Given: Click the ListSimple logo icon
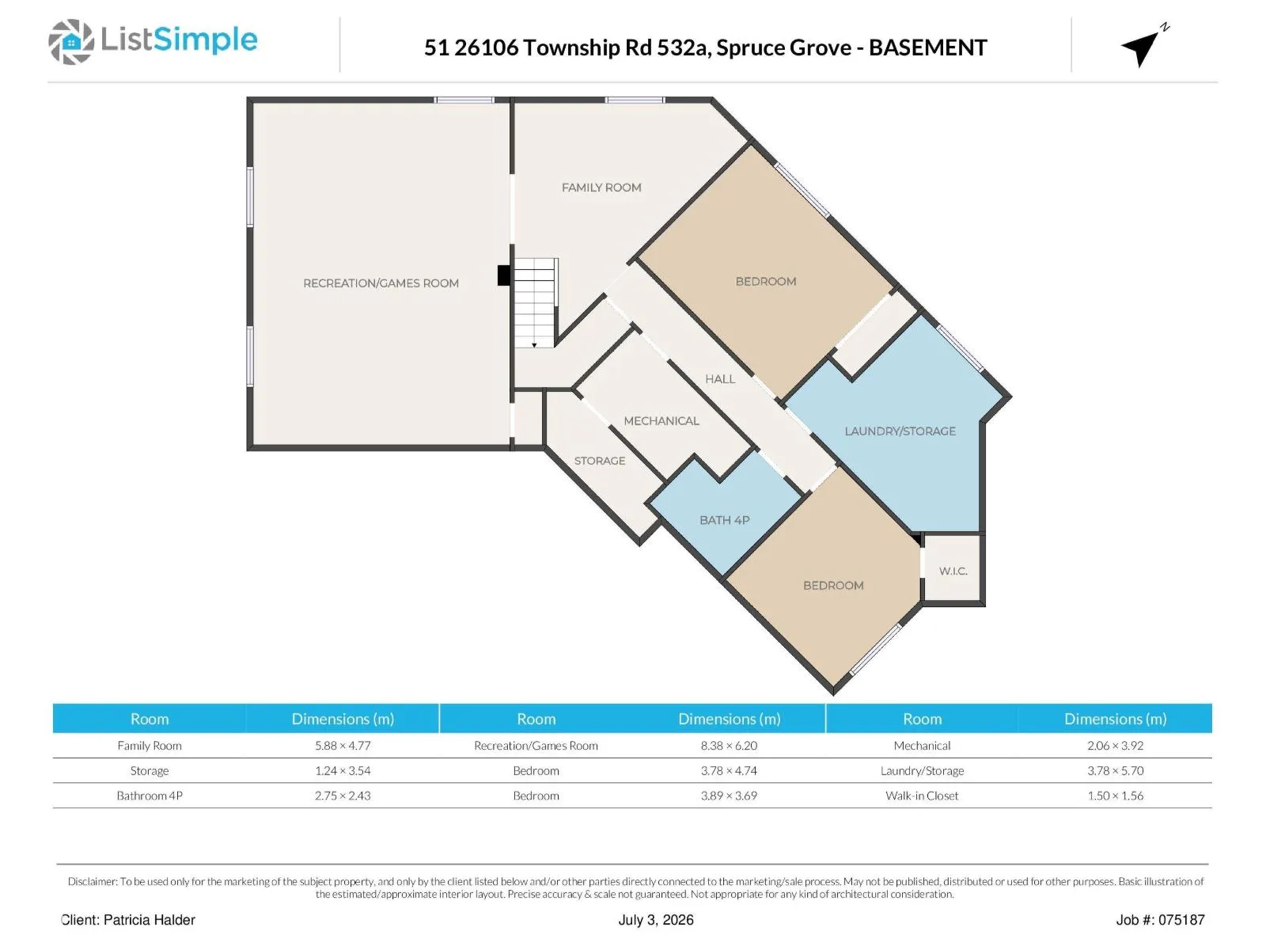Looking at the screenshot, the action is tap(71, 41).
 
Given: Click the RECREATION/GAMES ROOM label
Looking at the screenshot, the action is tap(381, 283).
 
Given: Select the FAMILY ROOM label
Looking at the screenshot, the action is tap(601, 188).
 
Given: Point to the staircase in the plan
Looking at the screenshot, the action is tap(536, 303).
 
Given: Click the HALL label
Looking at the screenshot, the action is tap(720, 379).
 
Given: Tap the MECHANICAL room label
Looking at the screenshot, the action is tap(661, 421).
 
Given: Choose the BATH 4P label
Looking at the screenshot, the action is tap(725, 520).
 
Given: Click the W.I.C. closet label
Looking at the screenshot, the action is tap(953, 571).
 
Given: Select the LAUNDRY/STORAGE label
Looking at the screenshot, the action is tap(900, 431).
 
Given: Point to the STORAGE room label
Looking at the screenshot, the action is tap(600, 461).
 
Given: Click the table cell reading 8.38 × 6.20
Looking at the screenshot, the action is tap(729, 745).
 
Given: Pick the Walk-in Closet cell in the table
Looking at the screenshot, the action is tap(922, 796).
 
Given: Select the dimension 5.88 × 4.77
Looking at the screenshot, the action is tap(343, 745).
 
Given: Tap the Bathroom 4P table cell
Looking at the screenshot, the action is tap(150, 796).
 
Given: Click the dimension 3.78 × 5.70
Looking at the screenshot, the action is tap(1115, 770).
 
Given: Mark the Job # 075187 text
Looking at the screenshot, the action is tap(1160, 920).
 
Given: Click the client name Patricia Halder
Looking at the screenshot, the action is tap(150, 920).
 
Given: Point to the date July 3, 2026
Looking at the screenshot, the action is tap(656, 920).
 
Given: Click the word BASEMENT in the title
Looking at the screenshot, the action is tap(928, 47).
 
